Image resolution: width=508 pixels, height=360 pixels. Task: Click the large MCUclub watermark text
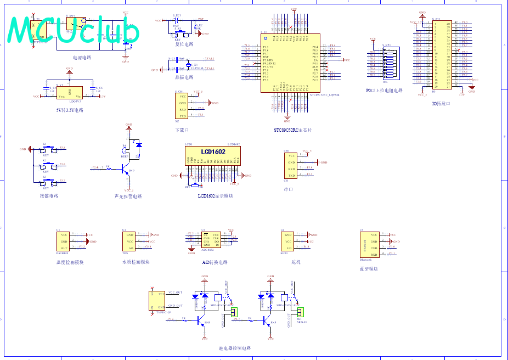coord(74,30)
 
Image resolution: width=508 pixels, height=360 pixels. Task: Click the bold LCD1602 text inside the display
coord(213,151)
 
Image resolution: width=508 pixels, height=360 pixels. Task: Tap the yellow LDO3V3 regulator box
coord(70,92)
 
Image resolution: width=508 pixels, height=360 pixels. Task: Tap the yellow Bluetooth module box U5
coord(368,245)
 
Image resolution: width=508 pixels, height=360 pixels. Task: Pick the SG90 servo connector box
coord(289,241)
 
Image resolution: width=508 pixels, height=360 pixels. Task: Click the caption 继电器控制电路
coord(234,348)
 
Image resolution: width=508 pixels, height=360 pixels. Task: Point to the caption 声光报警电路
coord(128,196)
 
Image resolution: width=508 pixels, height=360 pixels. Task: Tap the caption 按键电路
coord(49,196)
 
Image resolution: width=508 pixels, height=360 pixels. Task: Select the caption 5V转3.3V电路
coord(70,110)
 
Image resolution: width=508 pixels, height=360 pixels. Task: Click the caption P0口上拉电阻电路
coord(384,91)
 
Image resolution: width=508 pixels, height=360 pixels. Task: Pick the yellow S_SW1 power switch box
coord(75,22)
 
